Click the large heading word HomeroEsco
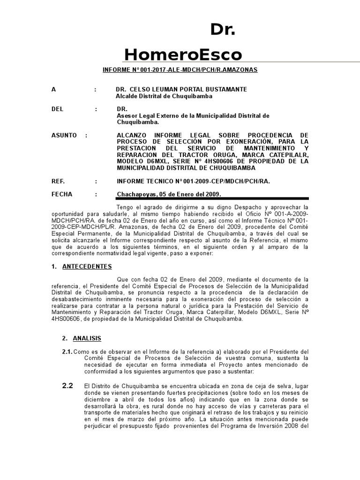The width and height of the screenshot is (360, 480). [x=183, y=55]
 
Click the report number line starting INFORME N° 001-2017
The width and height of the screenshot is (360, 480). [x=180, y=70]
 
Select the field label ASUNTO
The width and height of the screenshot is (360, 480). [x=64, y=135]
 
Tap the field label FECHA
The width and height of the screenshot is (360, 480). [x=63, y=195]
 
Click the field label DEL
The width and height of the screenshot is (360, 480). [x=57, y=109]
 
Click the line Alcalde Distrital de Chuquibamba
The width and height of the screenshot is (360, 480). [x=164, y=96]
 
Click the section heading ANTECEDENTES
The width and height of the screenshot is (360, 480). [x=88, y=267]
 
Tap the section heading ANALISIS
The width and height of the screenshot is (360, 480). [x=87, y=338]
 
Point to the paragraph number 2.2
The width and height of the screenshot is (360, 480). [x=68, y=386]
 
